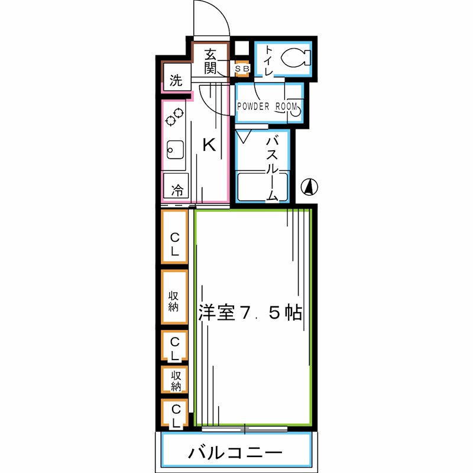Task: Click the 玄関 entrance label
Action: (x=210, y=61)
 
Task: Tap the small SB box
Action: (x=242, y=69)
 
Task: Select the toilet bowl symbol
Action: (x=294, y=58)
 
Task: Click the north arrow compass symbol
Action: (x=309, y=187)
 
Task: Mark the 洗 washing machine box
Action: (x=176, y=80)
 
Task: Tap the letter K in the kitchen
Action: (x=209, y=145)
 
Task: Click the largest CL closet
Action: (x=175, y=237)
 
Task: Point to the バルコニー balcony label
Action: (x=235, y=453)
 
